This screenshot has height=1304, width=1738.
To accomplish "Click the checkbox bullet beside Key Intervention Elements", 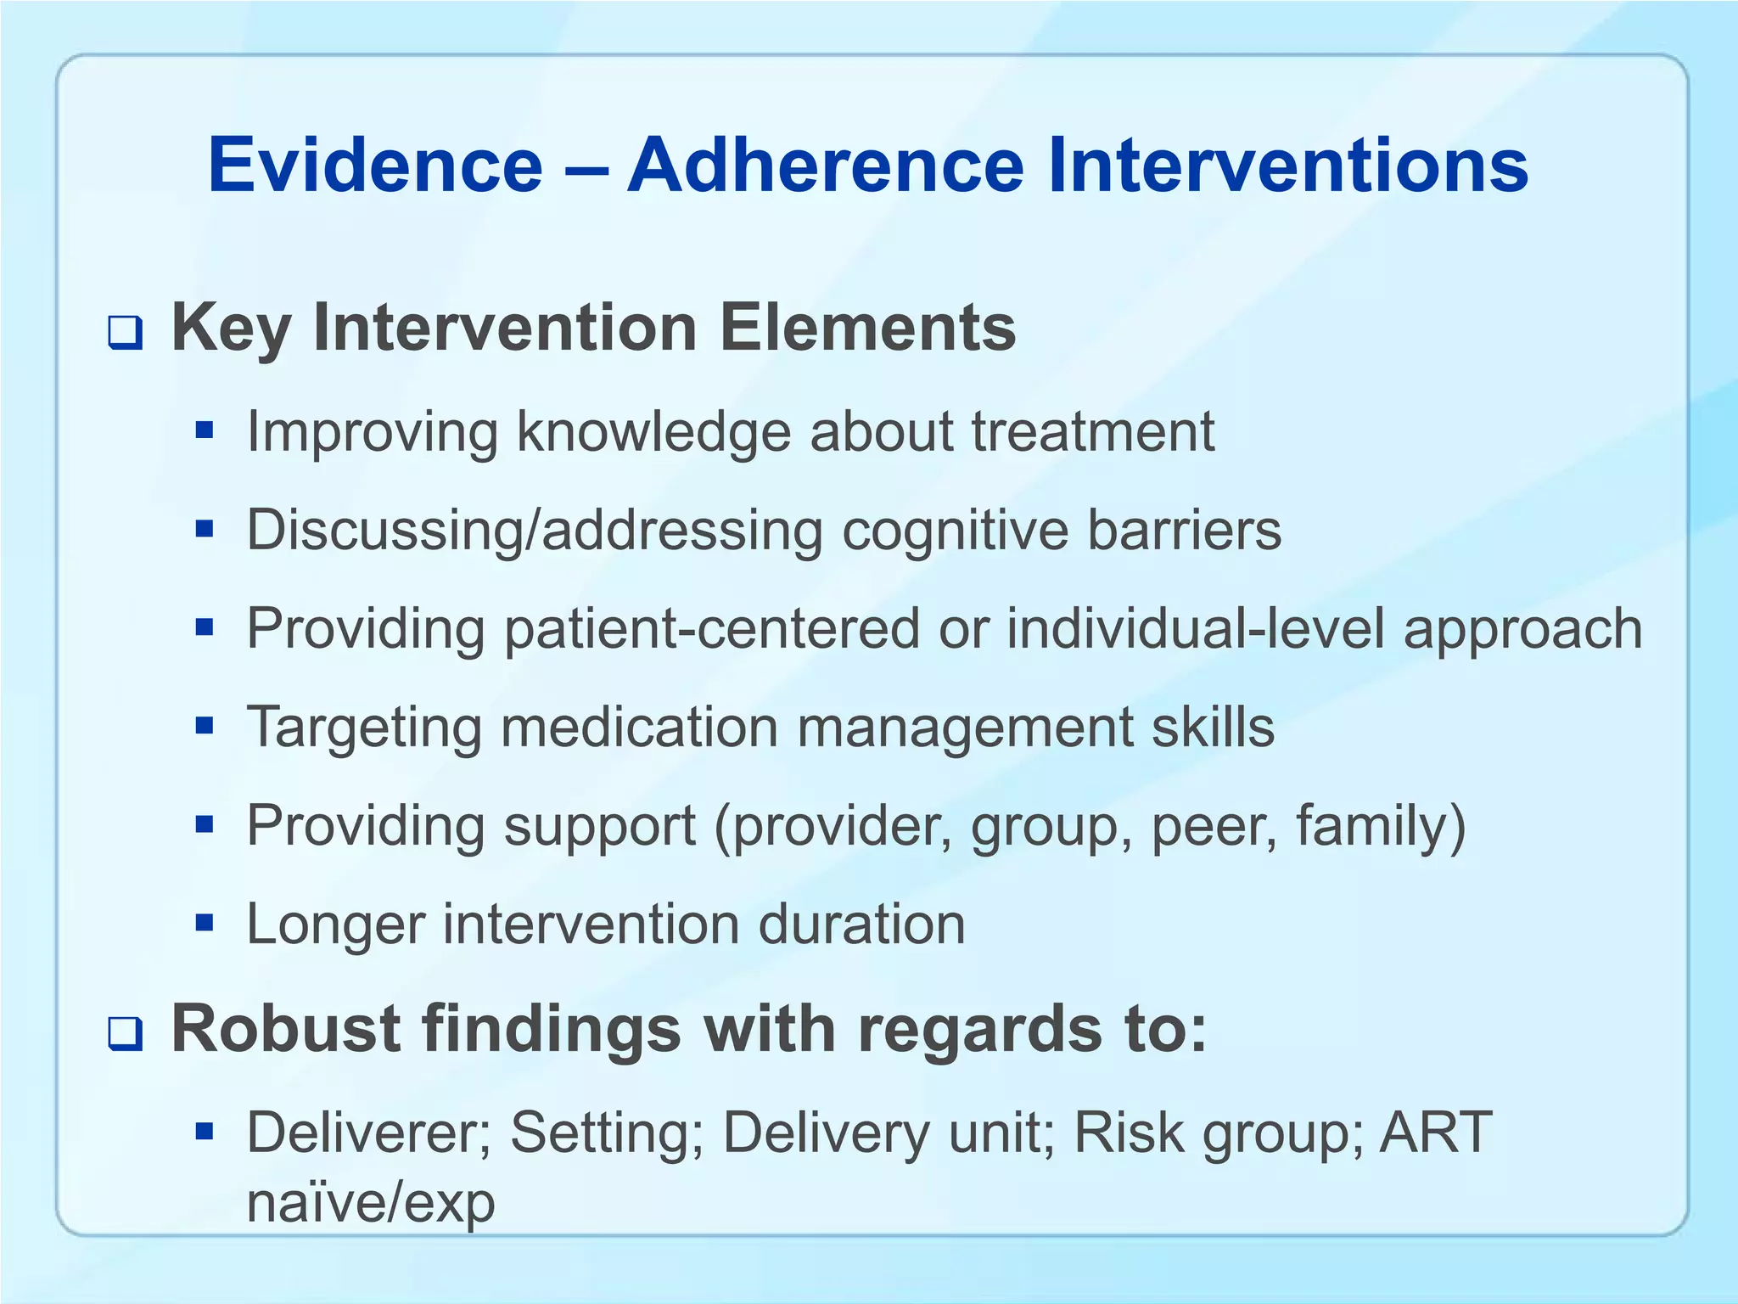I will coord(125,333).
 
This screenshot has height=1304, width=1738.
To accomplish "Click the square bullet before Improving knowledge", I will coord(204,431).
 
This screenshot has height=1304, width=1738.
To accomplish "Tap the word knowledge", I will coord(653,433).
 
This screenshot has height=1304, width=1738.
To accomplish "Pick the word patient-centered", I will coord(711,629).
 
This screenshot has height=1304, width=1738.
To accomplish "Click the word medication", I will coord(638,728).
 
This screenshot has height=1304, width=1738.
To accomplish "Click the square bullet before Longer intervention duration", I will coord(204,922).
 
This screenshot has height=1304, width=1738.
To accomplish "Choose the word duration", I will coord(861,924).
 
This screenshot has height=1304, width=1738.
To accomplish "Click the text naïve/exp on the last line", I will coord(370,1203).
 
